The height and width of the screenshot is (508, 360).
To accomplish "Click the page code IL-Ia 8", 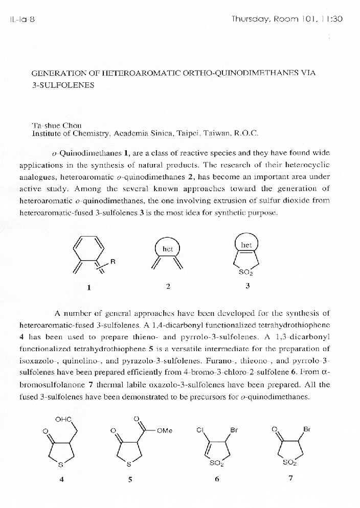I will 21,19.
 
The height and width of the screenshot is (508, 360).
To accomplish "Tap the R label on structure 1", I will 113,262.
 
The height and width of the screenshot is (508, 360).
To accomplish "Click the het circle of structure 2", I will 168,249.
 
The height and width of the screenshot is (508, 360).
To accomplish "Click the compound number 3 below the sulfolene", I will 247,286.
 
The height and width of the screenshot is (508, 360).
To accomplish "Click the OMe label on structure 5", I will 165,430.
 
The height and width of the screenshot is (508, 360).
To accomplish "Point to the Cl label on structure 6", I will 200,430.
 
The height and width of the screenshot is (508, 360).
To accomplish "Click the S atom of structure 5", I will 129,464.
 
